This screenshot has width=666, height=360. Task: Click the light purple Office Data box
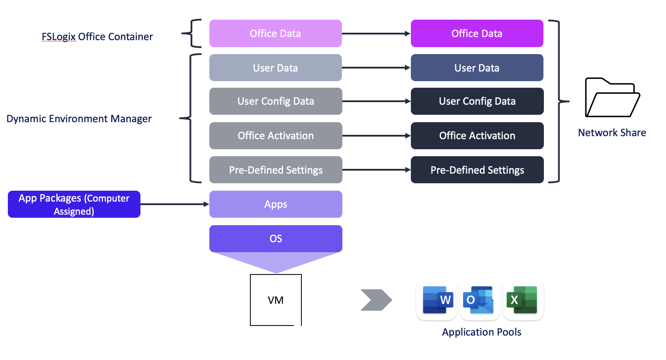pyautogui.click(x=275, y=34)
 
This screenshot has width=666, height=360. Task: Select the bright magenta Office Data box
pyautogui.click(x=477, y=34)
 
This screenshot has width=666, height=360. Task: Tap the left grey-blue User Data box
pyautogui.click(x=275, y=68)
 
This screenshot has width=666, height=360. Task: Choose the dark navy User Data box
pyautogui.click(x=477, y=68)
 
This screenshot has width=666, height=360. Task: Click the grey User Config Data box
pyautogui.click(x=275, y=101)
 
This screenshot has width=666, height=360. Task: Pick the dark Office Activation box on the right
pyautogui.click(x=477, y=136)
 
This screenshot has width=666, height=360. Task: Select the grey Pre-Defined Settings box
pyautogui.click(x=275, y=170)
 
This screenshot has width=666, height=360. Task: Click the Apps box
pyautogui.click(x=275, y=204)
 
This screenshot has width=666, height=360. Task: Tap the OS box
pyautogui.click(x=275, y=239)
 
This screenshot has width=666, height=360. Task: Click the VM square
pyautogui.click(x=276, y=300)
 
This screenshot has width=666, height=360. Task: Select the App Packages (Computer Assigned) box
pyautogui.click(x=74, y=204)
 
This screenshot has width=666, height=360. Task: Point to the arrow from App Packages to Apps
pyautogui.click(x=174, y=204)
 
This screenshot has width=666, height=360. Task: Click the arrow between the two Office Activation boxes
pyautogui.click(x=376, y=136)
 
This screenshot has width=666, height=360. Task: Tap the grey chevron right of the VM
pyautogui.click(x=376, y=300)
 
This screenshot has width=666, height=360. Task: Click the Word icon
pyautogui.click(x=437, y=300)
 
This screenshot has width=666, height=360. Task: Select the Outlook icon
pyautogui.click(x=479, y=300)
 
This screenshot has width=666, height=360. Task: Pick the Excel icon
pyautogui.click(x=523, y=300)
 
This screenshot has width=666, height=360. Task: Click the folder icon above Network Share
pyautogui.click(x=612, y=98)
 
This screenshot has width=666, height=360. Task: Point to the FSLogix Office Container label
pyautogui.click(x=97, y=37)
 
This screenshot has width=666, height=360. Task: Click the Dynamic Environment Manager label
pyautogui.click(x=79, y=119)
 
